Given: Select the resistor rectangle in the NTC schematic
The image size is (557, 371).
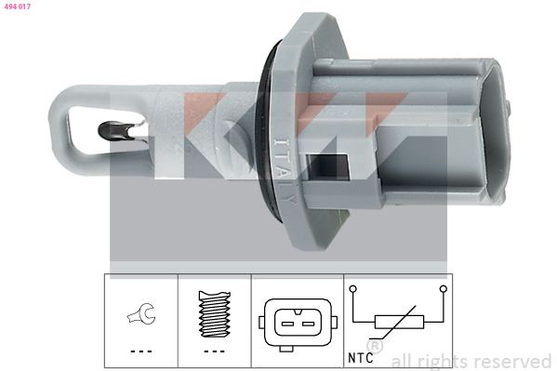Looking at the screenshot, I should coord(398,322).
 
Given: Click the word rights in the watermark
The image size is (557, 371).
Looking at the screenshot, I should coord(440,361).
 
